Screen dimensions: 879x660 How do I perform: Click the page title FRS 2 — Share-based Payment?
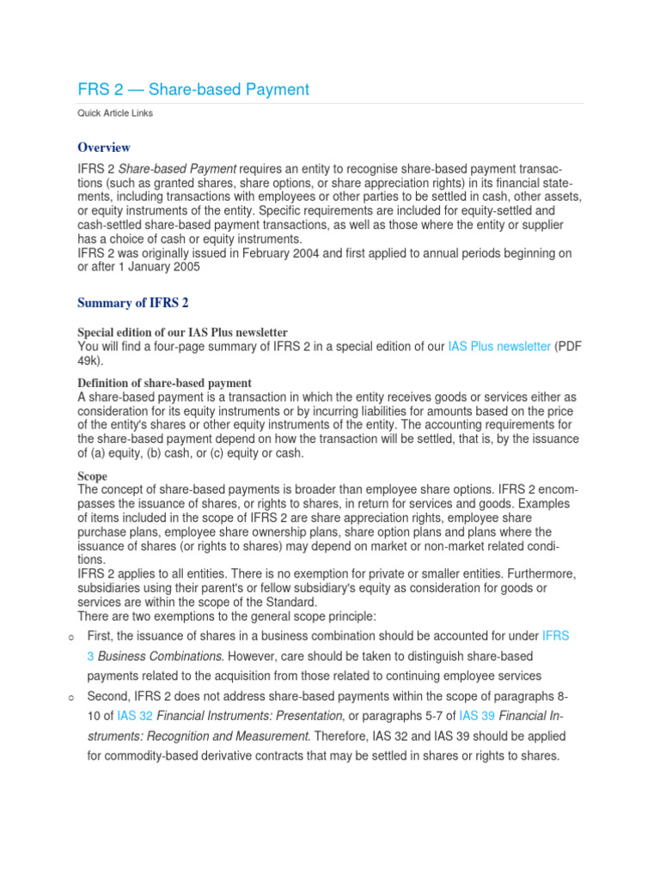(193, 89)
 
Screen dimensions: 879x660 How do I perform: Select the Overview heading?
(104, 148)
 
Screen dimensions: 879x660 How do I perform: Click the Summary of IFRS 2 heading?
(133, 302)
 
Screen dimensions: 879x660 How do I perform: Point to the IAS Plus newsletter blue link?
(499, 347)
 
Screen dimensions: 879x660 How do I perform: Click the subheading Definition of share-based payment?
(164, 382)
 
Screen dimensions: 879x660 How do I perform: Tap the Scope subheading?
(93, 476)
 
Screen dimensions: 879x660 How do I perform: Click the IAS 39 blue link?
(477, 716)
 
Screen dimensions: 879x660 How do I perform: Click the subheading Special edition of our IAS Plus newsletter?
(182, 332)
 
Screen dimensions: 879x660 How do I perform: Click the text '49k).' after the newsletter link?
(90, 361)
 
